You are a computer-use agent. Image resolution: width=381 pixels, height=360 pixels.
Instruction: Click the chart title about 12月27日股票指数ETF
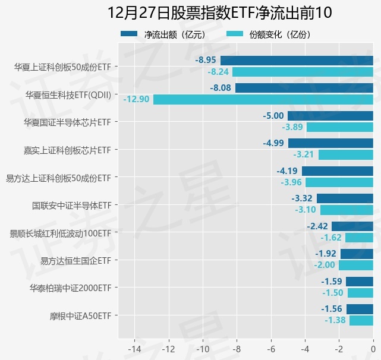(x=220, y=13)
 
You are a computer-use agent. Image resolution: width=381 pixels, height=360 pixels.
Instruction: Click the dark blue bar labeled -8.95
(x=297, y=60)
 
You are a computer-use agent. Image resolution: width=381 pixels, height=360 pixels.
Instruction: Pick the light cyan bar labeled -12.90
(x=263, y=99)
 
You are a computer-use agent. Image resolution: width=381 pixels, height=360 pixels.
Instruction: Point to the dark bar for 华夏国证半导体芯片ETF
(x=330, y=116)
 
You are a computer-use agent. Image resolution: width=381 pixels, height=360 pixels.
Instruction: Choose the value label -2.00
(x=325, y=265)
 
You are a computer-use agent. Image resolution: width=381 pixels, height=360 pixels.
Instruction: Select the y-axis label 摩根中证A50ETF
(x=80, y=315)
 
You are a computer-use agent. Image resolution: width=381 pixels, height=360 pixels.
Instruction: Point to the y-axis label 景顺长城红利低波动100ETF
(x=61, y=232)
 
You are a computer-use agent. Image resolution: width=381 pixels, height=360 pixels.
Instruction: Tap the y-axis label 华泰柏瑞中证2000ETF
(x=71, y=288)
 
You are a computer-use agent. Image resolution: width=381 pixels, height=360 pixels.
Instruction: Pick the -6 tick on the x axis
(x=271, y=348)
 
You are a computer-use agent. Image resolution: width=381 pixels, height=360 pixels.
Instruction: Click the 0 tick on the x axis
(x=373, y=348)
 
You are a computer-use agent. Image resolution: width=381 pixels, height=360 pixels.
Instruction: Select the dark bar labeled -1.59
(x=360, y=282)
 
